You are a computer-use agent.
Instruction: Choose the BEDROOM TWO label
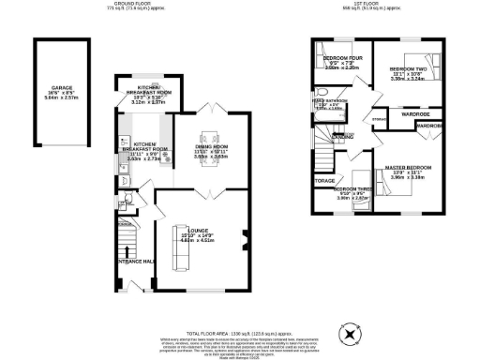click(408, 70)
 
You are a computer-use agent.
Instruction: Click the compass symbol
click(349, 332)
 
